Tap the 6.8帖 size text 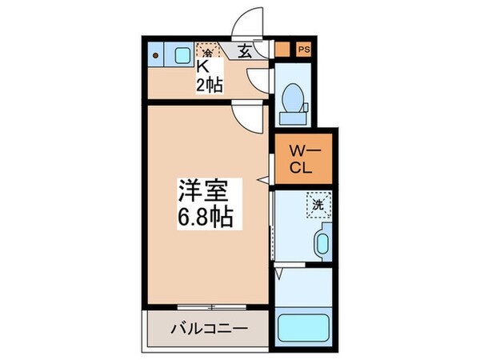point(205,217)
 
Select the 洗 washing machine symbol point(317,204)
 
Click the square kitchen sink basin point(182,55)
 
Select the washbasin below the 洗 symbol point(322,241)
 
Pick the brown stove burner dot point(157,55)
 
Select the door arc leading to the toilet point(259,80)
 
